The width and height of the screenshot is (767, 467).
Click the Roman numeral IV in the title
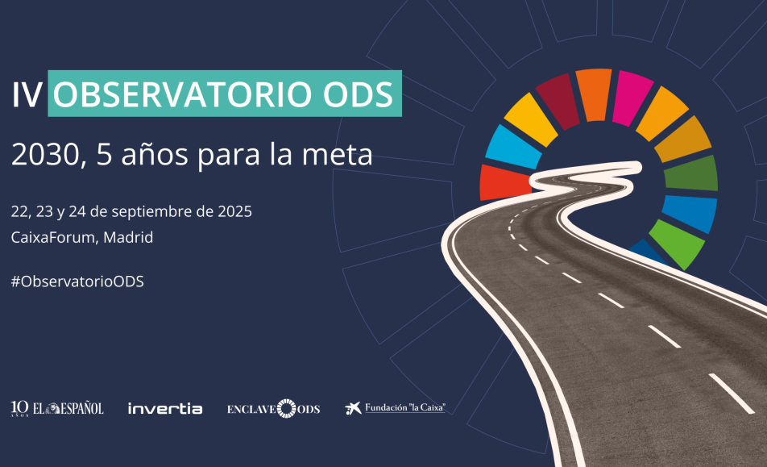[x=27, y=94]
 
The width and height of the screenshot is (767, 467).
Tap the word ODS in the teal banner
[x=358, y=94]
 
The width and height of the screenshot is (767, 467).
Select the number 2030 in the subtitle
[x=45, y=155]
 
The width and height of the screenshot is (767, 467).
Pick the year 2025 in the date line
[x=234, y=211]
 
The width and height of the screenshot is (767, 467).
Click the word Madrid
[x=128, y=237]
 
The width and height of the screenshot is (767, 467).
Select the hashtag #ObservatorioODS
[x=77, y=281]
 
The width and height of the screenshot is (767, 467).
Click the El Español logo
[x=57, y=408]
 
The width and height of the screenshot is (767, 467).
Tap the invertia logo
[x=165, y=408]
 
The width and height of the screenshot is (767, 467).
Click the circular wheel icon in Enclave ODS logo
[x=287, y=409]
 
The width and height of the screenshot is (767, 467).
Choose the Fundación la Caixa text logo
[x=405, y=408]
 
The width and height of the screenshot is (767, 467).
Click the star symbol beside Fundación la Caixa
[x=353, y=408]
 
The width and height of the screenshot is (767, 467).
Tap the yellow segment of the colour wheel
[x=532, y=119]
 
